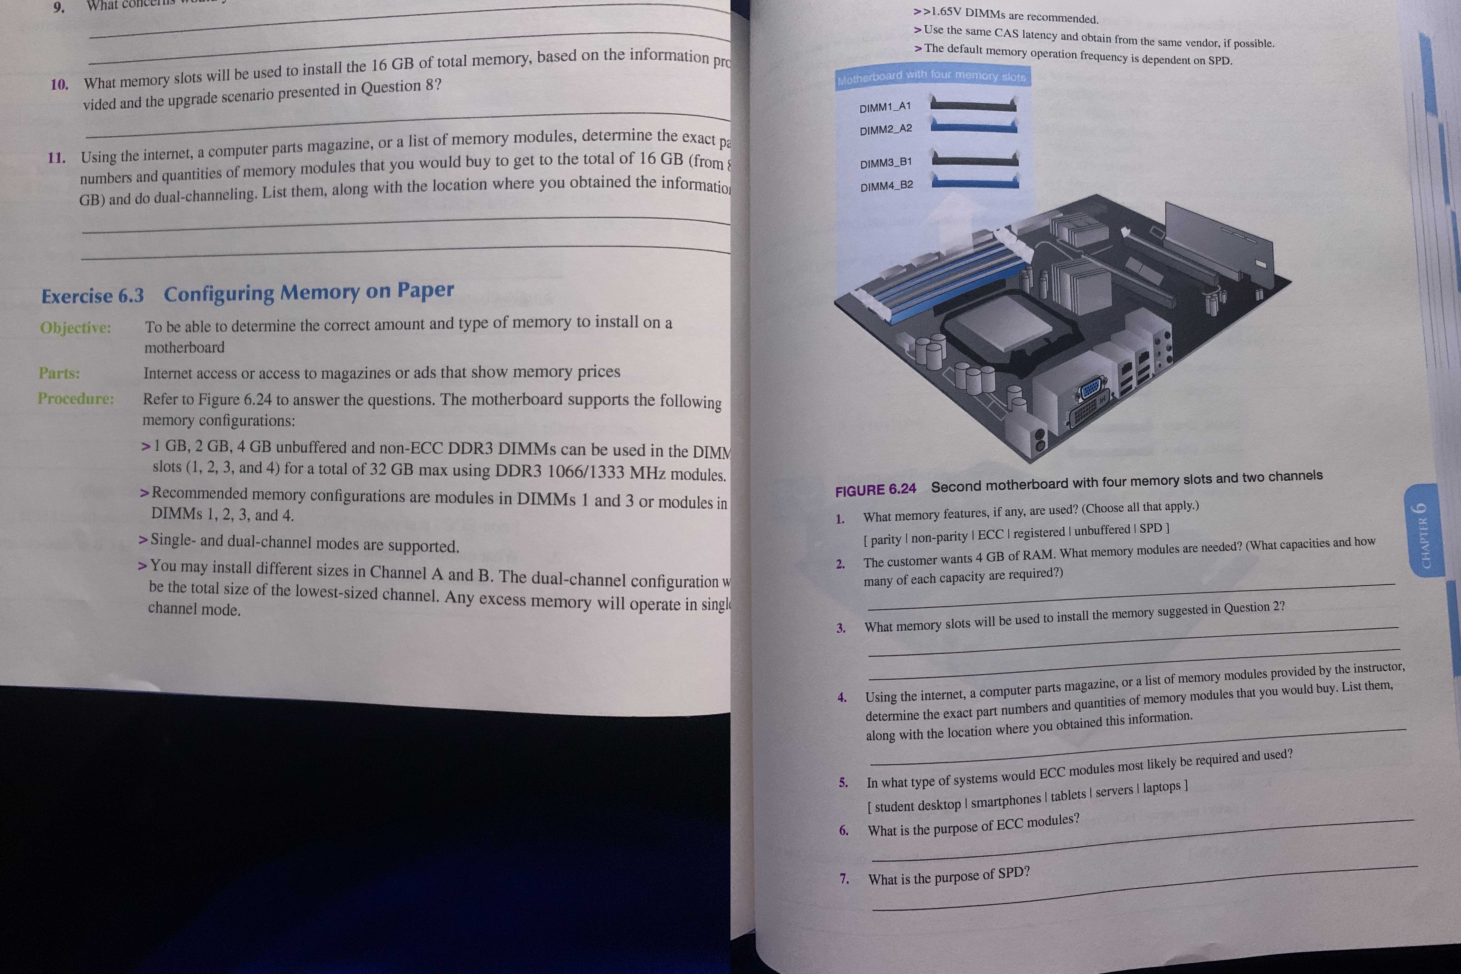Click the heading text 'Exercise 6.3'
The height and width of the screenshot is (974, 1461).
pos(93,296)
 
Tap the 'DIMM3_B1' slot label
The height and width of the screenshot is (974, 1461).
pos(886,163)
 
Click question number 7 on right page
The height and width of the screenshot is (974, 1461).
pos(844,879)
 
